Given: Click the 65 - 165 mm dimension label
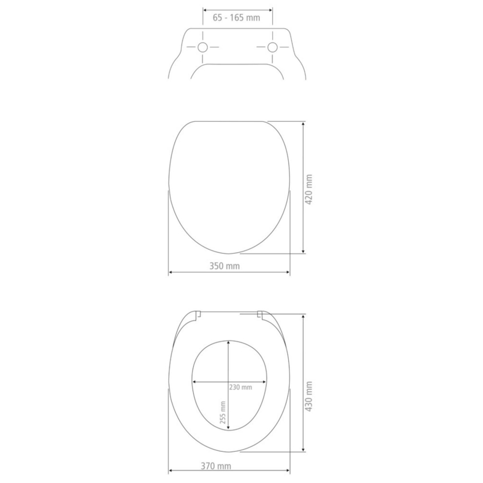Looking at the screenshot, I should click(x=236, y=18).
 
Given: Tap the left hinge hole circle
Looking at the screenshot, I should click(x=203, y=48).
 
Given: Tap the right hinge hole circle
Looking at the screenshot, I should click(x=272, y=48).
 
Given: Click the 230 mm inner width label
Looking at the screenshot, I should click(x=240, y=387).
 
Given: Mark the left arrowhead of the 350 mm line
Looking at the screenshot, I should click(x=170, y=273).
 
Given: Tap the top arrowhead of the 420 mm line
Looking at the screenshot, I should click(x=303, y=124).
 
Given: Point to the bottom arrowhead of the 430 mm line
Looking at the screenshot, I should click(x=303, y=449).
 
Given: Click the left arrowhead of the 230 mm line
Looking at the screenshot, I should click(x=195, y=382).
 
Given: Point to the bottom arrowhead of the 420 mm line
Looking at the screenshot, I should click(x=303, y=251).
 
